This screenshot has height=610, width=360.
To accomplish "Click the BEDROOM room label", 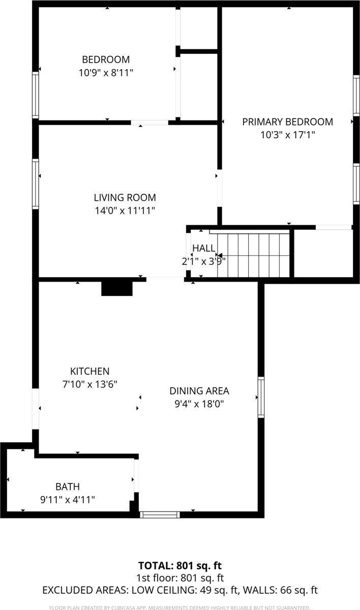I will click(x=106, y=59).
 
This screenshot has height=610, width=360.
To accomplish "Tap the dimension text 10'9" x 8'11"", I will click(x=106, y=73).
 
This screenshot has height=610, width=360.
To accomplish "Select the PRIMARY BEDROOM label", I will click(x=287, y=122).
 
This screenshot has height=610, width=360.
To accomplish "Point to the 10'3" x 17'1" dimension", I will click(x=287, y=135).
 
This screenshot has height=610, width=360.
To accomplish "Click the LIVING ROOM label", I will click(x=125, y=197).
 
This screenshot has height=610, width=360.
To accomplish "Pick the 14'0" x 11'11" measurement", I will click(x=125, y=210).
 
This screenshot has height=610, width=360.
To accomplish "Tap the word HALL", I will click(x=203, y=248).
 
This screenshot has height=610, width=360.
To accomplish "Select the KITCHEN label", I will click(x=89, y=371).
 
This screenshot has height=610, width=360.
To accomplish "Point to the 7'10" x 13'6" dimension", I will click(x=89, y=384).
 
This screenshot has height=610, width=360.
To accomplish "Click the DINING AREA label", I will click(x=199, y=391).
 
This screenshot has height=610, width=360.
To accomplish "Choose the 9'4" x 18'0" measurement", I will click(x=199, y=404).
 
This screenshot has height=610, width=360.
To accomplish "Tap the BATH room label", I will click(x=68, y=486).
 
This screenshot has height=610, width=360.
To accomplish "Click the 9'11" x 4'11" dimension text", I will click(x=68, y=500).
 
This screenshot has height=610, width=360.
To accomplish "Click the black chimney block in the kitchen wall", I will click(x=117, y=288).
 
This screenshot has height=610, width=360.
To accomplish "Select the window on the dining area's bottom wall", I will click(x=160, y=514).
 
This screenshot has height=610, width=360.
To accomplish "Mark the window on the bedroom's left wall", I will click(x=36, y=95).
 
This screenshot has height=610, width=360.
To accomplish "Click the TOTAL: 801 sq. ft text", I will click(x=180, y=565).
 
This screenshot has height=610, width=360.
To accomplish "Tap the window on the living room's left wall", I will click(x=36, y=184).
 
